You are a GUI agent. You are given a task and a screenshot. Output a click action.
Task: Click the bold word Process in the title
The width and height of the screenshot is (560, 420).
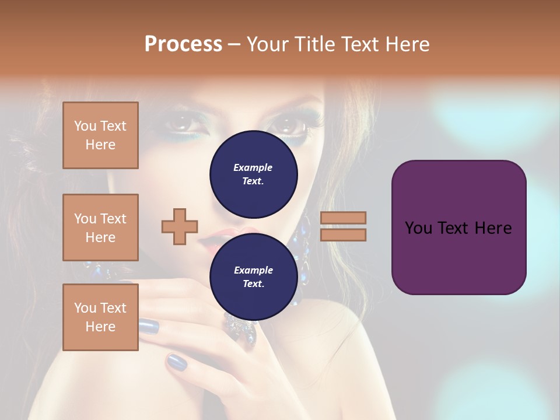(x=183, y=44)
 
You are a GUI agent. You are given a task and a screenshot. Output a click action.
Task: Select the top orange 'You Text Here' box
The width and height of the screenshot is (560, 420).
(x=100, y=135)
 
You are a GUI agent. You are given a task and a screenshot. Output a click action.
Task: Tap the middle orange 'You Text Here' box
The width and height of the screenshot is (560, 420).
(x=100, y=228)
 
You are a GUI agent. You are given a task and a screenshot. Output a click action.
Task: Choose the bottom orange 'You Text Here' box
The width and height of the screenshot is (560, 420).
(x=100, y=317)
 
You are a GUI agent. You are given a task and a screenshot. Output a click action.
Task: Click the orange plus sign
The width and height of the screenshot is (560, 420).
(x=180, y=226)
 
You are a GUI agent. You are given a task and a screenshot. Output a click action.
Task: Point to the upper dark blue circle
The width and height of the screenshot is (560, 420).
(x=253, y=174)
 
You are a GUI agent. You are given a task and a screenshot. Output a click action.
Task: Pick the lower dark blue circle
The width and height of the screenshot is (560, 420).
(x=253, y=276)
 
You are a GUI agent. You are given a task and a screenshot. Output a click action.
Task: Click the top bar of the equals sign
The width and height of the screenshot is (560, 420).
(x=343, y=218)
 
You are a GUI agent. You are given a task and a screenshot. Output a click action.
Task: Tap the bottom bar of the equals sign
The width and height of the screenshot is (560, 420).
(x=343, y=235)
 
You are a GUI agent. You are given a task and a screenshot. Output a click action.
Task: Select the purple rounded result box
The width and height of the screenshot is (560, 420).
(x=459, y=227)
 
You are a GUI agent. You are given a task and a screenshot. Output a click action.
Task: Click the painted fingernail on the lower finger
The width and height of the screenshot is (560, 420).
(x=177, y=362)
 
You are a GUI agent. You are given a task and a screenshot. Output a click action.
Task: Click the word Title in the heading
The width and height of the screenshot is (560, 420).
(x=315, y=44)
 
